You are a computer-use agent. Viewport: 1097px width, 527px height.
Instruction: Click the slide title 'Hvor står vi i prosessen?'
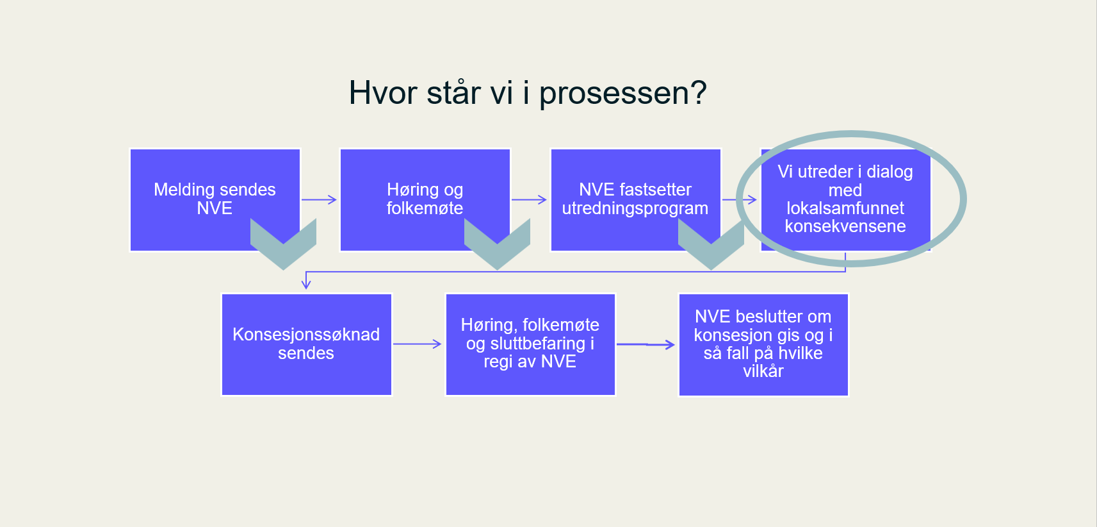pyautogui.click(x=527, y=93)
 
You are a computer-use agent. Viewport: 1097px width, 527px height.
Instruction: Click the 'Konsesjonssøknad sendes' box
pyautogui.click(x=306, y=344)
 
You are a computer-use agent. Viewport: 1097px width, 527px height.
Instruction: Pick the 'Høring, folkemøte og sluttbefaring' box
pyautogui.click(x=530, y=344)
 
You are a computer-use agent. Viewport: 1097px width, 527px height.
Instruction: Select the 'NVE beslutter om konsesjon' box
pyautogui.click(x=763, y=344)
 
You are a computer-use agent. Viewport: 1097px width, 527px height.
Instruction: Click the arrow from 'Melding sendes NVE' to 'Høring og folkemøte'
pyautogui.click(x=319, y=199)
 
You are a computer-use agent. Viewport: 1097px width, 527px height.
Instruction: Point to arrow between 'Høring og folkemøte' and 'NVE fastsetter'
pyautogui.click(x=529, y=199)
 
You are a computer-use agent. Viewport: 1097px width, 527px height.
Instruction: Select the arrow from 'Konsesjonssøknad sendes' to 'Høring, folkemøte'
pyautogui.click(x=417, y=344)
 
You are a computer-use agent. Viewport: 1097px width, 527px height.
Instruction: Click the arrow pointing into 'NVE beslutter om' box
pyautogui.click(x=646, y=345)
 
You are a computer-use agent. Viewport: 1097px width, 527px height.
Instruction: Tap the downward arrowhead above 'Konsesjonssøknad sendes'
pyautogui.click(x=306, y=283)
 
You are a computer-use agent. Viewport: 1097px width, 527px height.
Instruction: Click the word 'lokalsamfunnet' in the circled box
pyautogui.click(x=845, y=208)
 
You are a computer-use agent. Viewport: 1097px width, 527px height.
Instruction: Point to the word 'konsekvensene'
pyautogui.click(x=845, y=226)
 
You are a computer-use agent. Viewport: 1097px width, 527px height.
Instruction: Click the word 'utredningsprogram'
pyautogui.click(x=635, y=209)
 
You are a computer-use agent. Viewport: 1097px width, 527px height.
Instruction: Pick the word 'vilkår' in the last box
pyautogui.click(x=763, y=372)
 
